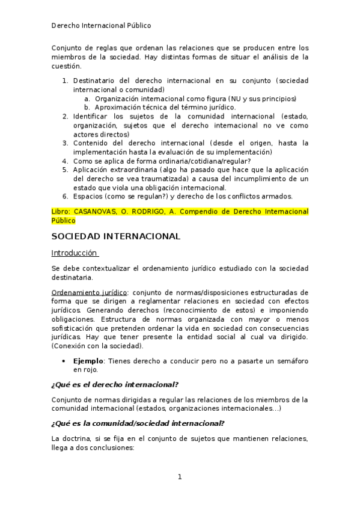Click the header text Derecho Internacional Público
pyautogui.click(x=100, y=26)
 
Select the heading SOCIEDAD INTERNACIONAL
pyautogui.click(x=115, y=236)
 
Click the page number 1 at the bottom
pyautogui.click(x=179, y=477)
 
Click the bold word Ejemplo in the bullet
pyautogui.click(x=88, y=361)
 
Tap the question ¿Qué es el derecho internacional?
pyautogui.click(x=115, y=384)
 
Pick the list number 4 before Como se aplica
pyautogui.click(x=65, y=161)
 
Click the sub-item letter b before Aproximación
pyautogui.click(x=87, y=106)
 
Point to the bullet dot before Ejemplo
pyautogui.click(x=64, y=361)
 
